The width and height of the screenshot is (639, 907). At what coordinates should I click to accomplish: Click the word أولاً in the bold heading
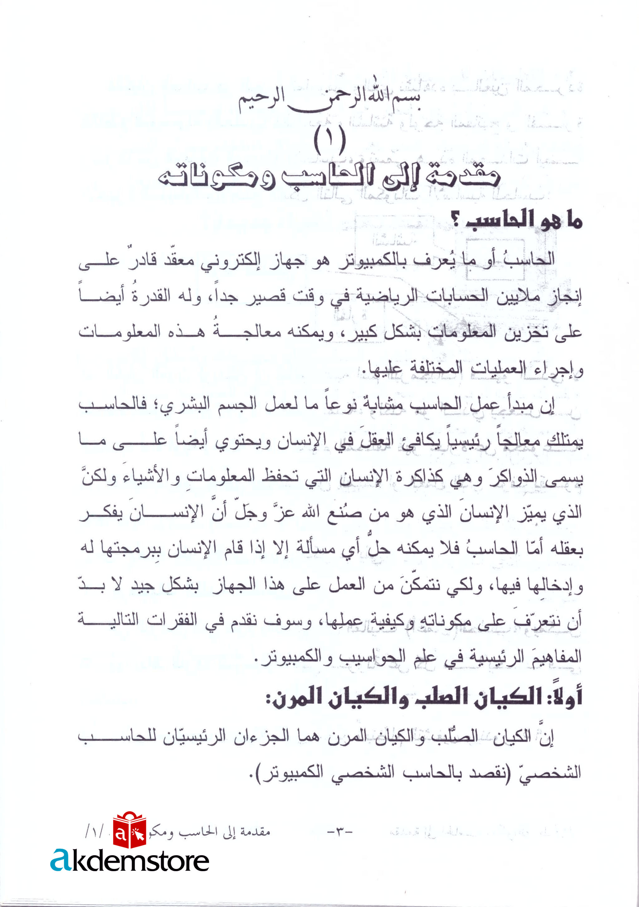(565, 697)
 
